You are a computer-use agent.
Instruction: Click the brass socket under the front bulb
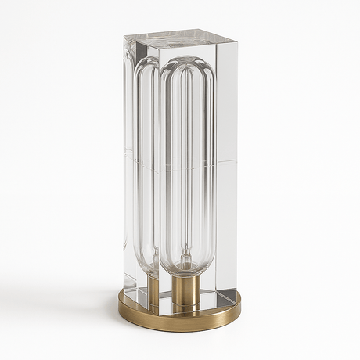pyautogui.click(x=185, y=292)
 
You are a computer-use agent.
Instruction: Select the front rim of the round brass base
pyautogui.click(x=180, y=323)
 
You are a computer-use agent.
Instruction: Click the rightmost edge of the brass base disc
pyautogui.click(x=241, y=310)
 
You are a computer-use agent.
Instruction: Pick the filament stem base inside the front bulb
pyautogui.click(x=185, y=262)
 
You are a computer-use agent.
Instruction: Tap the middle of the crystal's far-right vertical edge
pyautogui.click(x=237, y=164)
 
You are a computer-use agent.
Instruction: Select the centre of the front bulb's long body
pyautogui.click(x=185, y=164)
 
